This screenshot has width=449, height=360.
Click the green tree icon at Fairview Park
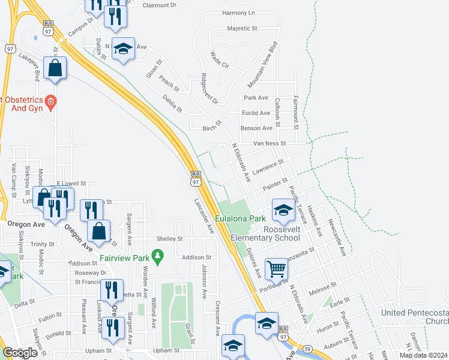(158, 257)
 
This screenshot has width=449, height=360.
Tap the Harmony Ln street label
(238, 13)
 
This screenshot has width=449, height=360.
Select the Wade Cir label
(220, 61)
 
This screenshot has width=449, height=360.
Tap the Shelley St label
(169, 239)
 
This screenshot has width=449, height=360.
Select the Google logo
(20, 353)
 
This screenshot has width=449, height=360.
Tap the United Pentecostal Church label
(415, 317)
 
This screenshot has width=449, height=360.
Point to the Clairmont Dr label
(160, 5)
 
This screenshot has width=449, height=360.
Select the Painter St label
(276, 180)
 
